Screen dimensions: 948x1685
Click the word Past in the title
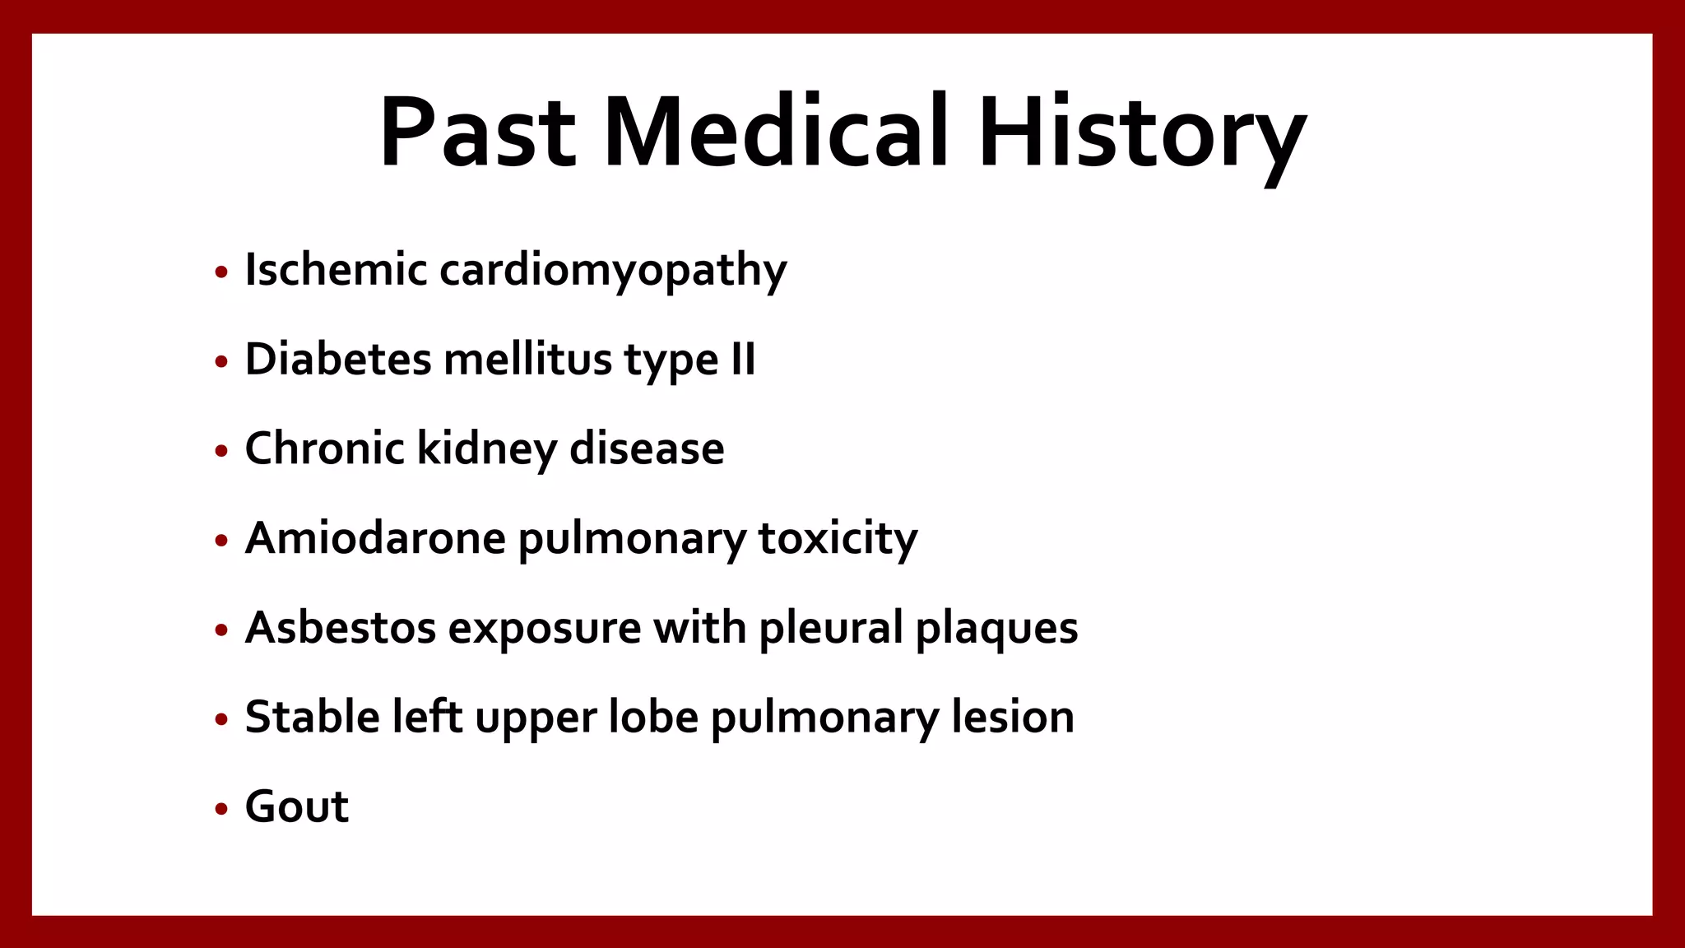click(477, 133)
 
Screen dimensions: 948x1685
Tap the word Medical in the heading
click(776, 133)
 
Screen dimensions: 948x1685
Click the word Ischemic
click(336, 270)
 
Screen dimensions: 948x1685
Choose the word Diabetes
click(338, 360)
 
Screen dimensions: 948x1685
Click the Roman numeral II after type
click(743, 360)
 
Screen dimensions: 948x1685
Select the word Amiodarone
click(375, 539)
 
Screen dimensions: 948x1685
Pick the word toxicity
click(838, 540)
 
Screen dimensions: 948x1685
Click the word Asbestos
click(341, 629)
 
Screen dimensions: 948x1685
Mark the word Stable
click(313, 718)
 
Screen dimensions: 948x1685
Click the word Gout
click(297, 807)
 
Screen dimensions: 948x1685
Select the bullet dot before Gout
click(220, 809)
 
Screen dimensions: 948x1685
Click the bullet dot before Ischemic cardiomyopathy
click(220, 272)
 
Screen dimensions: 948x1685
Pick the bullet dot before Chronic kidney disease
click(220, 451)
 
